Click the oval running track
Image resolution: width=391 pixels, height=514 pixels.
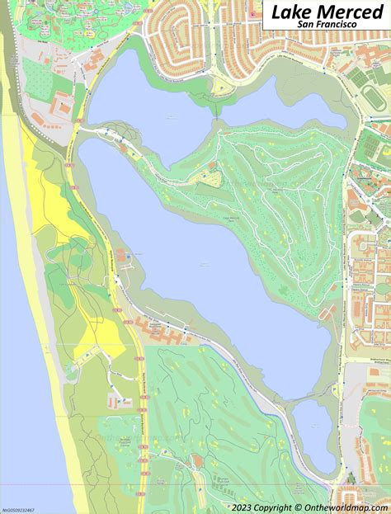click(x=370, y=97)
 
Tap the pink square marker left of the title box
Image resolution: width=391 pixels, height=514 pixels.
click(x=252, y=15)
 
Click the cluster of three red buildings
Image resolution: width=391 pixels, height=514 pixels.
click(x=63, y=107)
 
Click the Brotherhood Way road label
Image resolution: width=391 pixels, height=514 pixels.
click(x=363, y=362)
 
